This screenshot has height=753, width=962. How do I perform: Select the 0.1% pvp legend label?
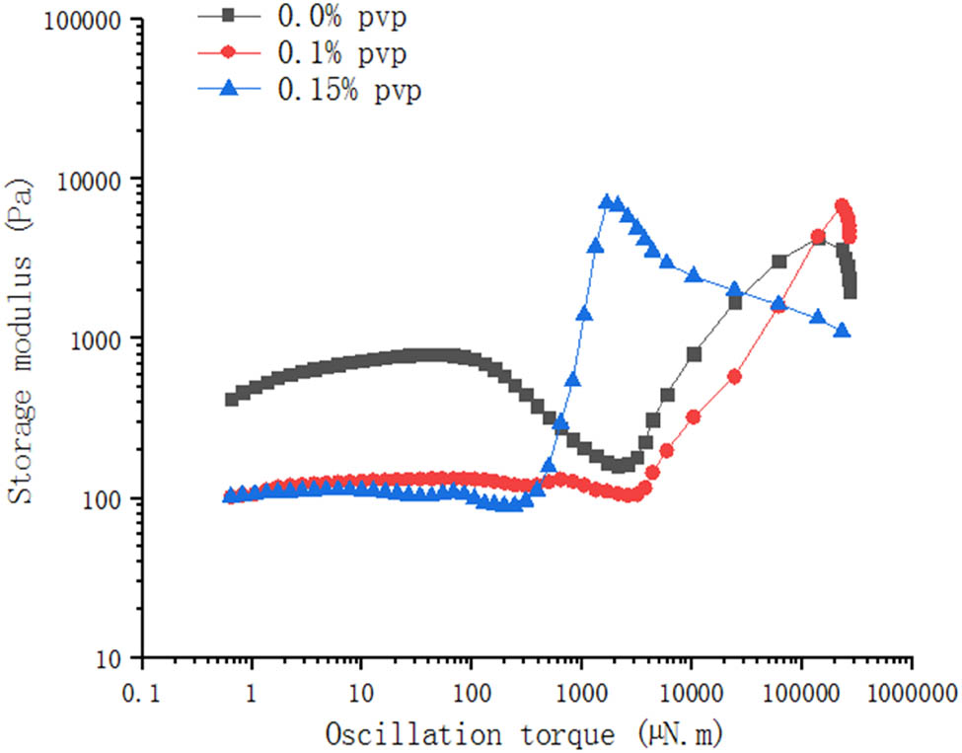point(336,51)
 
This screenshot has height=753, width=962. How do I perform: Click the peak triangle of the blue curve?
point(606,201)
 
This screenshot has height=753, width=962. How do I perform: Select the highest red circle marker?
point(842,206)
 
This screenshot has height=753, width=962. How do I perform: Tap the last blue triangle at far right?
point(842,331)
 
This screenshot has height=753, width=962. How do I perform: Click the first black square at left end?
point(232,399)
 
